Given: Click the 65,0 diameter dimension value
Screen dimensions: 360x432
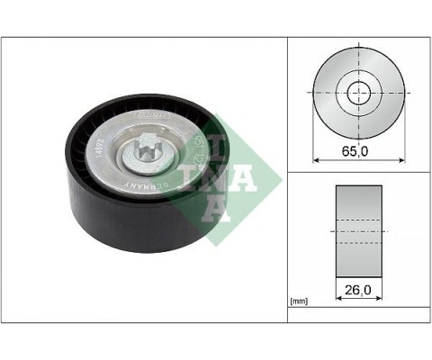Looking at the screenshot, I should tap(357, 151).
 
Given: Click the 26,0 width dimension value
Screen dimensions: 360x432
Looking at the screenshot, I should tap(357, 292).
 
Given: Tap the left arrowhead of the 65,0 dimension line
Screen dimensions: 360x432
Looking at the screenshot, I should tap(315, 160).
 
